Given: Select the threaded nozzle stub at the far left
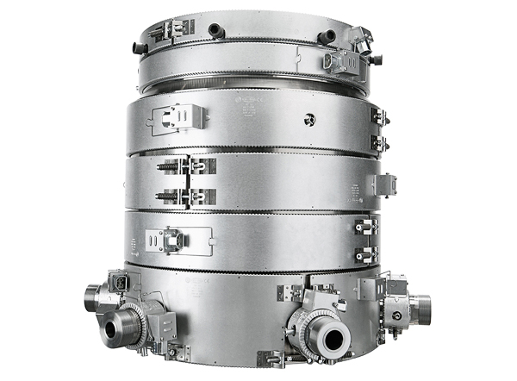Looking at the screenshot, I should tap(94, 299).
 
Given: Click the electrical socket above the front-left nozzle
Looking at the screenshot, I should tap(117, 283).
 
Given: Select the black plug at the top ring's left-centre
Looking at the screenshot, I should tap(214, 31).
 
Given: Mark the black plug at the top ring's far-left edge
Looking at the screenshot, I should tap(140, 48).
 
